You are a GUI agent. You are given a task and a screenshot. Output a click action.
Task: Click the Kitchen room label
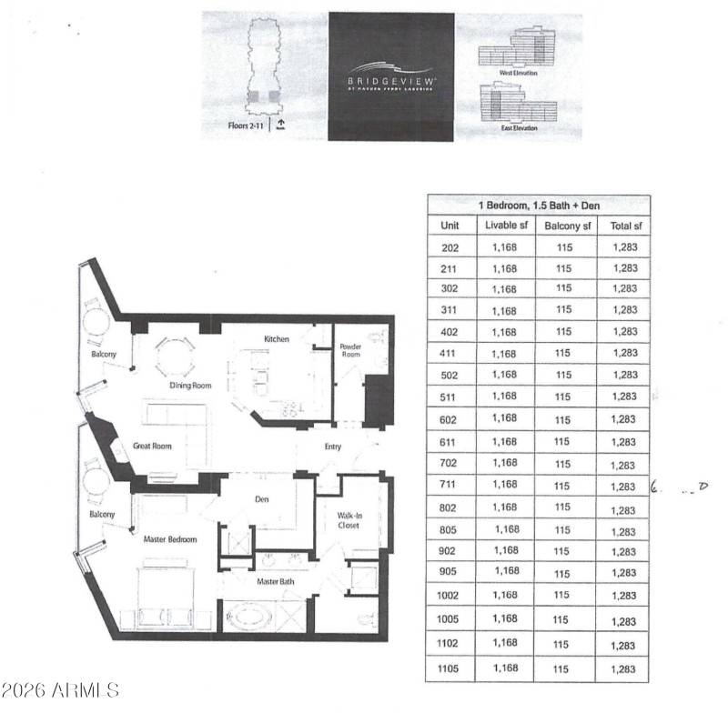click(x=277, y=339)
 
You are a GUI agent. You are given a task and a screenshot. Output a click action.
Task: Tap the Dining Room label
click(x=191, y=386)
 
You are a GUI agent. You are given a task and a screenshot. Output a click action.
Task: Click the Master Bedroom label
click(x=170, y=540)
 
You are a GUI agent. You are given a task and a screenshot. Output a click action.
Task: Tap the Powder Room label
click(x=351, y=351)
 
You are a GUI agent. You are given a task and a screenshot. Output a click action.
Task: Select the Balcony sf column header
click(x=568, y=226)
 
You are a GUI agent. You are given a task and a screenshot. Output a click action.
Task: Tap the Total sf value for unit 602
click(x=624, y=419)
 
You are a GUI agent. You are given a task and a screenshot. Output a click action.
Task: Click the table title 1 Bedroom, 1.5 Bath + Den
click(x=538, y=206)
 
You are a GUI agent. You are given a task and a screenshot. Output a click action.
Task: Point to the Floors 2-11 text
click(x=245, y=126)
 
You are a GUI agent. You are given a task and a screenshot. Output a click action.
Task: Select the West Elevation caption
click(x=519, y=72)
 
